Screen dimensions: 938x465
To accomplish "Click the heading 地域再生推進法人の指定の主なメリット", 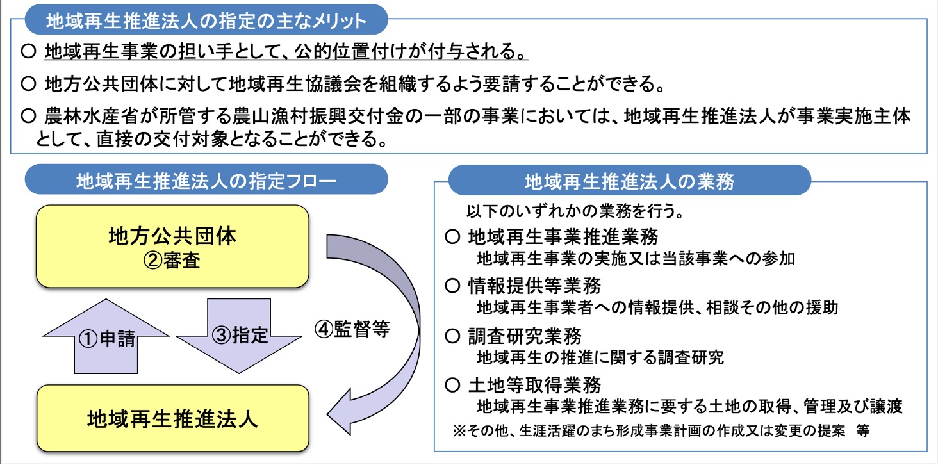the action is pyautogui.click(x=206, y=20).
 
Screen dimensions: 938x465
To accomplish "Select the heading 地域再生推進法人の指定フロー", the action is pyautogui.click(x=206, y=181).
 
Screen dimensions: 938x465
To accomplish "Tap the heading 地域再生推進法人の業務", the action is pyautogui.click(x=629, y=181).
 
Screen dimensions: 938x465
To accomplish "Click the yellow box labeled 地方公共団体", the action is pyautogui.click(x=172, y=246).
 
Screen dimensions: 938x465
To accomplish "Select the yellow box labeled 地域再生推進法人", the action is pyautogui.click(x=172, y=418).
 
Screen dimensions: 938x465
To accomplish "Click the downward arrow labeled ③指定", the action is pyautogui.click(x=239, y=336).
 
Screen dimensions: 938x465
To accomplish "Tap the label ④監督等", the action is pyautogui.click(x=352, y=329).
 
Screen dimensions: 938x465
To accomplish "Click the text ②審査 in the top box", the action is pyautogui.click(x=172, y=260).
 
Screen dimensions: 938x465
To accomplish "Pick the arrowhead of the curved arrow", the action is pyautogui.click(x=338, y=413).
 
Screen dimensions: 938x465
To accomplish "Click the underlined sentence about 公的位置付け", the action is pyautogui.click(x=286, y=51).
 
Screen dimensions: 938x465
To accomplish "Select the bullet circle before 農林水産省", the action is pyautogui.click(x=28, y=115).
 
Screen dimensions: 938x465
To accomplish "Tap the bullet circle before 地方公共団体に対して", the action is pyautogui.click(x=28, y=84).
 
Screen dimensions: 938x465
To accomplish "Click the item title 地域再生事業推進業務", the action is pyautogui.click(x=563, y=237).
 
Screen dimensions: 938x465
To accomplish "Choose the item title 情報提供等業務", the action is pyautogui.click(x=535, y=286).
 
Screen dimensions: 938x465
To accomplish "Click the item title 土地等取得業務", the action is pyautogui.click(x=535, y=385).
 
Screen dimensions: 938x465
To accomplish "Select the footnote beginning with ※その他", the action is pyautogui.click(x=661, y=430).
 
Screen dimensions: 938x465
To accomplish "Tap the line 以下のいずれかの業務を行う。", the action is pyautogui.click(x=575, y=211).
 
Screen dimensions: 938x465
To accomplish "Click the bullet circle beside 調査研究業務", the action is pyautogui.click(x=453, y=336).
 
